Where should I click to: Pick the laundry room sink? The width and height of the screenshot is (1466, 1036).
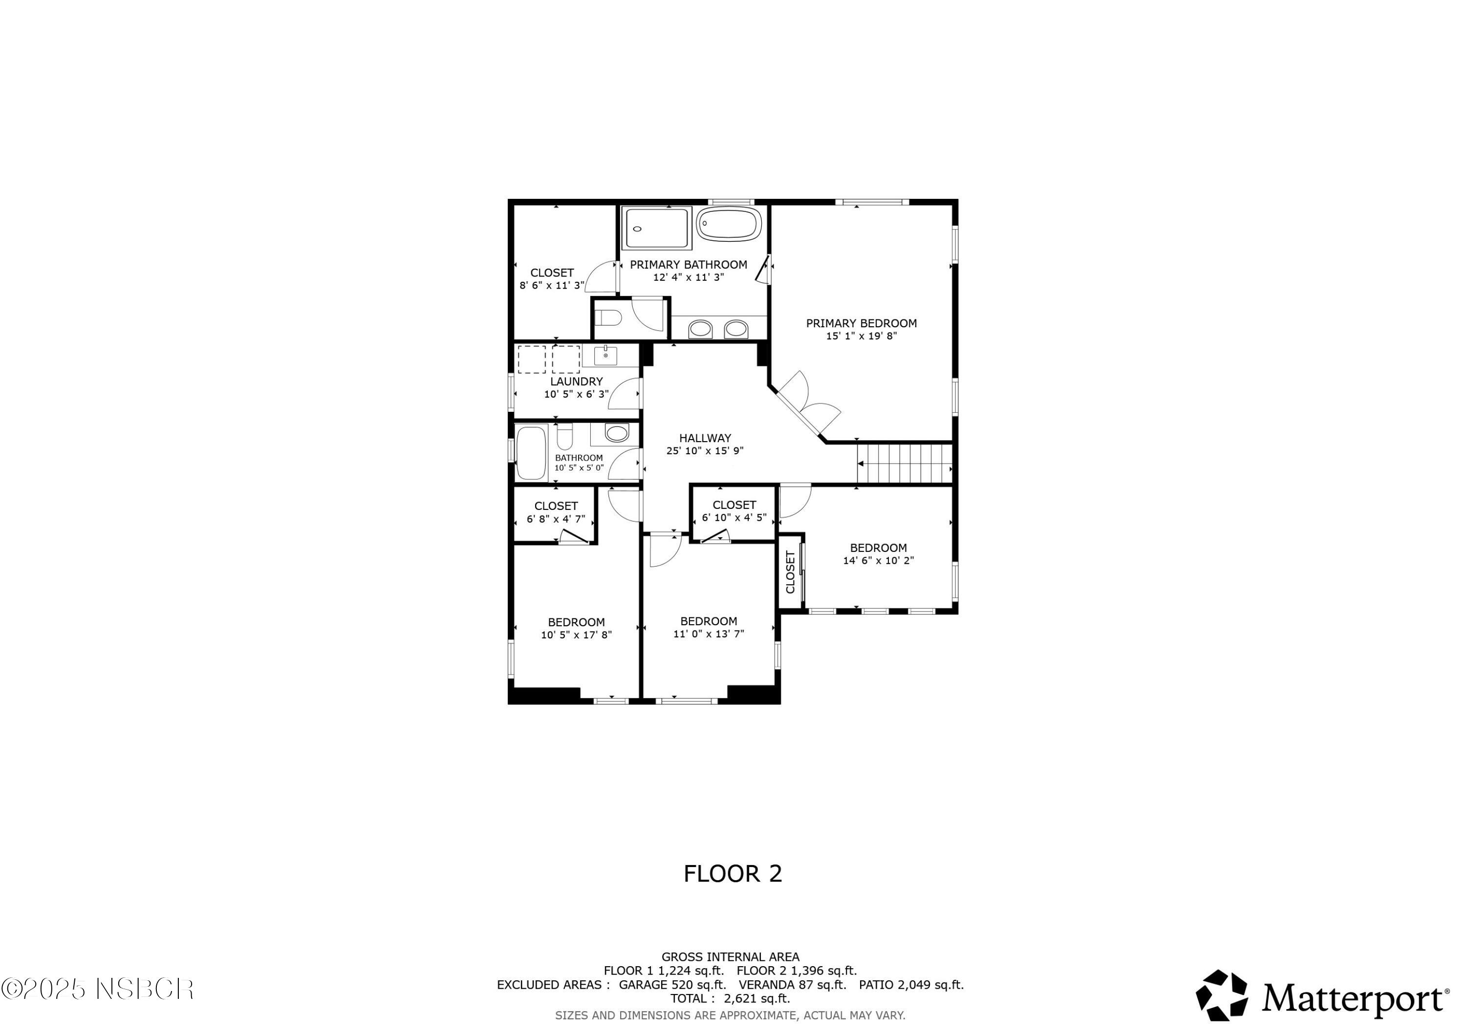click(605, 356)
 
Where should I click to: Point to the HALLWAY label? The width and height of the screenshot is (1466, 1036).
click(705, 438)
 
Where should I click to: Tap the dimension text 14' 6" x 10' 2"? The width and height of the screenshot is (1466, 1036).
click(878, 560)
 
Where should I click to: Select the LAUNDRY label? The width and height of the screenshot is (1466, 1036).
click(576, 381)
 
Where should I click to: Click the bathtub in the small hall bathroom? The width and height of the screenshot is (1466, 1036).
click(531, 453)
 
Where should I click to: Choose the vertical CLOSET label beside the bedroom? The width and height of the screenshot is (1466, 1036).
click(790, 572)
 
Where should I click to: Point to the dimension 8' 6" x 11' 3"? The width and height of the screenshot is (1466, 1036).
click(552, 285)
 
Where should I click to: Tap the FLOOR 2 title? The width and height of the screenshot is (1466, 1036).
click(733, 873)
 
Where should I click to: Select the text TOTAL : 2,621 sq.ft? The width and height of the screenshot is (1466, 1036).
click(730, 998)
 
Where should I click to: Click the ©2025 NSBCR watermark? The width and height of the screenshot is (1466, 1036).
click(97, 990)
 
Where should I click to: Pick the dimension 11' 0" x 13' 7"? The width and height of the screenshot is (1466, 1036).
click(708, 634)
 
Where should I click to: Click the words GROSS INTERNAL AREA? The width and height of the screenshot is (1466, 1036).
click(730, 957)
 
